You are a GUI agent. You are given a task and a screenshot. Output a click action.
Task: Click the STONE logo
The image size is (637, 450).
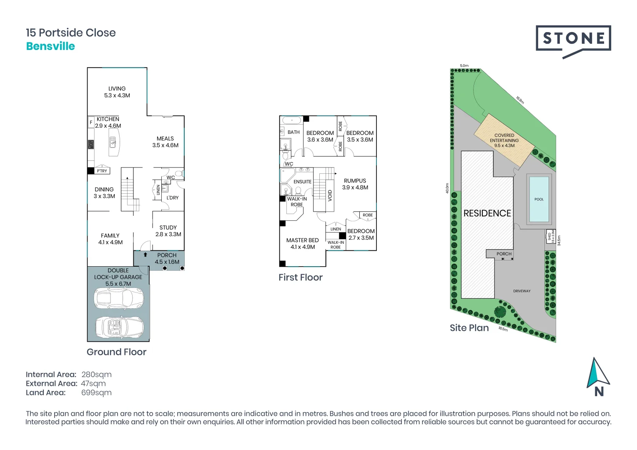(573, 39)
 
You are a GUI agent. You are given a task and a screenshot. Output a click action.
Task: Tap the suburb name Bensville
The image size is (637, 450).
(50, 46)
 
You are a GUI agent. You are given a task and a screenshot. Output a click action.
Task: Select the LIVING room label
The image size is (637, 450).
(117, 89)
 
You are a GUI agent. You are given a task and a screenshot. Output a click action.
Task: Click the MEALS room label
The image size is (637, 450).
(165, 139)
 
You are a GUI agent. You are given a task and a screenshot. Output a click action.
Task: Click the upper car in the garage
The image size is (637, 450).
(119, 298)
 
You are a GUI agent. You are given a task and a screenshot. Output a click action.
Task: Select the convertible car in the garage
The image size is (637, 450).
(119, 327)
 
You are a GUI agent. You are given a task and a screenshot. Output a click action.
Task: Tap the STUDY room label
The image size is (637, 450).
(168, 227)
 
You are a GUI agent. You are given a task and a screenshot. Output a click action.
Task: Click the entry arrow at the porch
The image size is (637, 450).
(145, 255)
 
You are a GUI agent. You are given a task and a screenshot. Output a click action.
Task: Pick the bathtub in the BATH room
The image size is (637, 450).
(292, 120)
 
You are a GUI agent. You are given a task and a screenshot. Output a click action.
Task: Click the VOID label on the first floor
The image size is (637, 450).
(330, 195)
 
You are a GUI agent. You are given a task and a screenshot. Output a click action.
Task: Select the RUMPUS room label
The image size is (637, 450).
(355, 181)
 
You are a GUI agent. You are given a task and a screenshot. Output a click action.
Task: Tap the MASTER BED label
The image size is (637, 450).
(302, 240)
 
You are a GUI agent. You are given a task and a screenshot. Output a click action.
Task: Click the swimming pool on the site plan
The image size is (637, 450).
(539, 199)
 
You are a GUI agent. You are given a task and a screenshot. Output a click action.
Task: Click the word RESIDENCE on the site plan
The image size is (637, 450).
(487, 213)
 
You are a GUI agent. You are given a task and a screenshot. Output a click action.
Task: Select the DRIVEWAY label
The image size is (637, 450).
(522, 291)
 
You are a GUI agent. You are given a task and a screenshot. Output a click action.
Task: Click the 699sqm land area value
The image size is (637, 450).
(96, 393)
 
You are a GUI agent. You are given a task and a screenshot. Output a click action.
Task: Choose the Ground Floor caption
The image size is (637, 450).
(116, 352)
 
